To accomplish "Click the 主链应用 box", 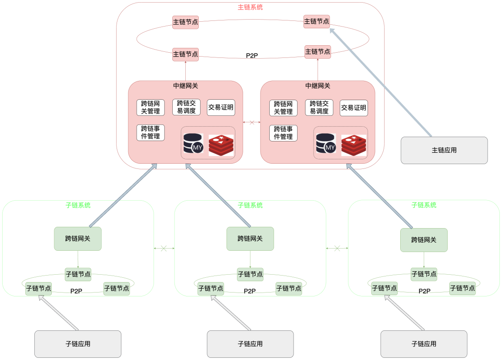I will click(x=444, y=150).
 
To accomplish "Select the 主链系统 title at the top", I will click(x=250, y=7).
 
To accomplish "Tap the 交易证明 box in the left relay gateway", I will click(x=221, y=107).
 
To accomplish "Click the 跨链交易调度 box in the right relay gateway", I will click(x=319, y=107).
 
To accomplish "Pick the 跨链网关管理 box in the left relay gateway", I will click(x=151, y=108).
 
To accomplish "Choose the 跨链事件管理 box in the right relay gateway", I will click(x=283, y=133).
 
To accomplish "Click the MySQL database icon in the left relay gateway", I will click(x=193, y=143).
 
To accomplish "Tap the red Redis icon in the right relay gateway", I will click(x=353, y=145).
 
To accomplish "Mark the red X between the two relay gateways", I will click(x=251, y=122).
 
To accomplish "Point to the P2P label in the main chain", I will click(x=252, y=55).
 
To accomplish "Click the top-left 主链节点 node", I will click(x=185, y=22).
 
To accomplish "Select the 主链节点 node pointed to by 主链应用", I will click(x=316, y=21).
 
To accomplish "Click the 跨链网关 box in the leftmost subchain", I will click(x=78, y=239).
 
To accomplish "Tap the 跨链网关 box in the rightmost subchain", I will click(x=424, y=240).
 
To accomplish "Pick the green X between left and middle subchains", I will click(x=164, y=248).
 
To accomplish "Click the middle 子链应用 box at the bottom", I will click(x=250, y=344).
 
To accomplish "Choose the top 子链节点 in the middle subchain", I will click(x=250, y=274).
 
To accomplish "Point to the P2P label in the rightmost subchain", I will click(x=424, y=291).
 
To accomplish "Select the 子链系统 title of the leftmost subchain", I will click(x=78, y=205).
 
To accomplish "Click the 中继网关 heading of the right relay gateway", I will click(x=318, y=86).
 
